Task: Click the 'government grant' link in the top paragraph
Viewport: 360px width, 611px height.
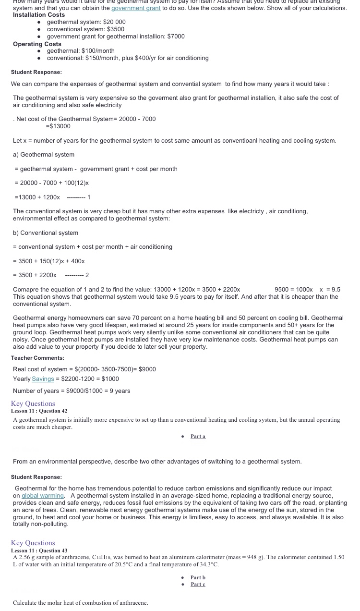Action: pyautogui.click(x=136, y=8)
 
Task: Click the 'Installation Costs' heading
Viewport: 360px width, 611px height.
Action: pyautogui.click(x=39, y=15)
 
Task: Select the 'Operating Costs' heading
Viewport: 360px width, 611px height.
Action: pyautogui.click(x=37, y=44)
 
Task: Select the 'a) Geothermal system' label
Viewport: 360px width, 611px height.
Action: pyautogui.click(x=44, y=155)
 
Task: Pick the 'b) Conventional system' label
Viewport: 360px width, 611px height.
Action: pyautogui.click(x=46, y=233)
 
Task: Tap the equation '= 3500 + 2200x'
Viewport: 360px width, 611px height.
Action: pyautogui.click(x=35, y=275)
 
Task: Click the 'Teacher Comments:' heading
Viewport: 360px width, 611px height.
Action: pyautogui.click(x=37, y=358)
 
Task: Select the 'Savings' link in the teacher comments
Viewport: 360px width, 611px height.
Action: pyautogui.click(x=43, y=379)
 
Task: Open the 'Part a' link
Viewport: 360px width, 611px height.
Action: pyautogui.click(x=198, y=436)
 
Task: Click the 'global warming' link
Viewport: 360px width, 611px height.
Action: pyautogui.click(x=43, y=496)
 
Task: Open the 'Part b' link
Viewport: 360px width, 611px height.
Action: pyautogui.click(x=198, y=577)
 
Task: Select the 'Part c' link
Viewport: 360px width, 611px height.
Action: pyautogui.click(x=198, y=584)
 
